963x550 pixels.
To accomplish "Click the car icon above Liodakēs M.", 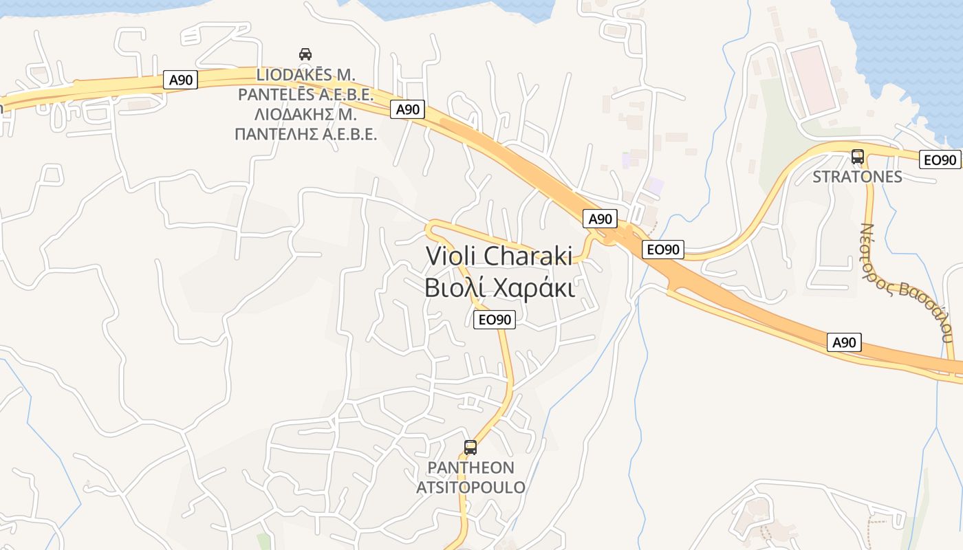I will (305, 54).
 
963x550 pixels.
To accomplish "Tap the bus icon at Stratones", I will (857, 157).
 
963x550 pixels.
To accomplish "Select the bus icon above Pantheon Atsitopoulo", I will (470, 448).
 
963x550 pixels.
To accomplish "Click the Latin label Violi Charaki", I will (499, 256).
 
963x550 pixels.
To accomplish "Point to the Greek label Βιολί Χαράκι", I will (499, 287).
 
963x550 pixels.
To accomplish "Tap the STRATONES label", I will (857, 177).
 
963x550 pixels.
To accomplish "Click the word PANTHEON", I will (470, 468).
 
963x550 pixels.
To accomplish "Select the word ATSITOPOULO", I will (470, 487).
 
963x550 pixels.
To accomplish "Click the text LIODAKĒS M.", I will (305, 74).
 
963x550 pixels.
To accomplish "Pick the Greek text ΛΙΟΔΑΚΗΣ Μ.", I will (305, 113).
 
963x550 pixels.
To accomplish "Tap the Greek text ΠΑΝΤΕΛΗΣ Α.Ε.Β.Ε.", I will (305, 133).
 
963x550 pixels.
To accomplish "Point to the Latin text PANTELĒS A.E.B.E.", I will (305, 94).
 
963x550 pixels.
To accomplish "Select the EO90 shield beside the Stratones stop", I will (940, 159).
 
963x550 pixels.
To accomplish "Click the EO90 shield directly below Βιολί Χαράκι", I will (495, 319).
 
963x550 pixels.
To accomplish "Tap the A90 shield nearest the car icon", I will (182, 80).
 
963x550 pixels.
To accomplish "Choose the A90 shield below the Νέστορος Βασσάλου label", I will (844, 342).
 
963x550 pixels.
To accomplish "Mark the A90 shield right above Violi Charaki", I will (600, 219).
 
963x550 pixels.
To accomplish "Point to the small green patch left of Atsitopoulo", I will (263, 541).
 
